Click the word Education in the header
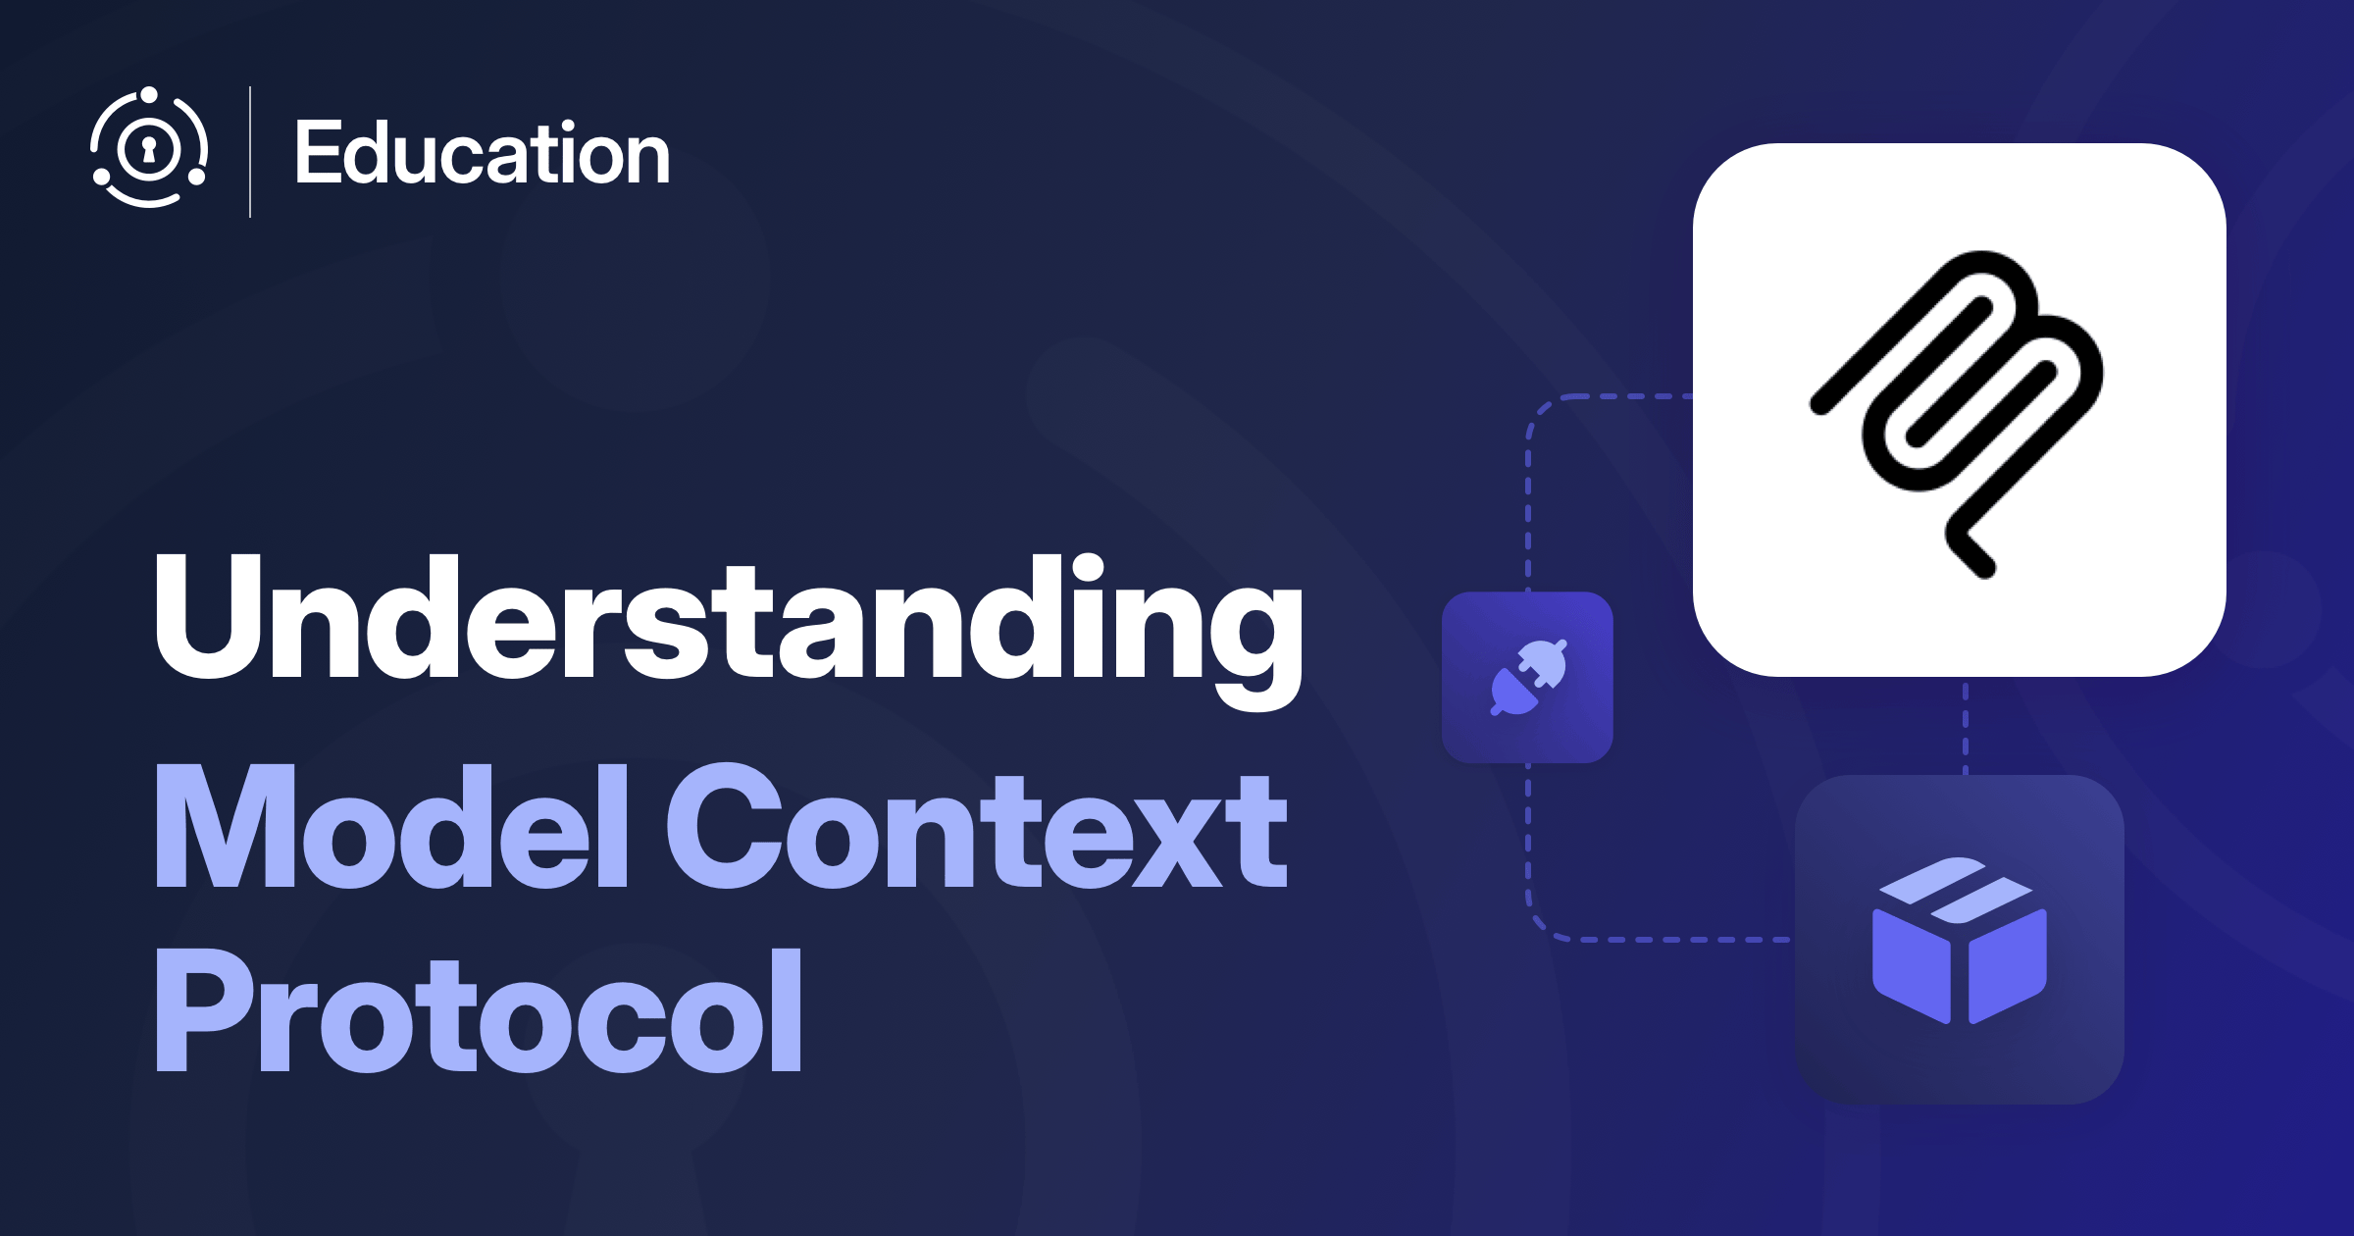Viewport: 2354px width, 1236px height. click(483, 153)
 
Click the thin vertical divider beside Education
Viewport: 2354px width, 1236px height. click(250, 152)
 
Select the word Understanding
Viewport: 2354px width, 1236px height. click(729, 629)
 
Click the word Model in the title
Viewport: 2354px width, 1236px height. click(391, 827)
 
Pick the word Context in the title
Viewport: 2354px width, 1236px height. click(977, 827)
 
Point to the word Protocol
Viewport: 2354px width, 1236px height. click(479, 1009)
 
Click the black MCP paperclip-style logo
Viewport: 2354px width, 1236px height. click(1957, 414)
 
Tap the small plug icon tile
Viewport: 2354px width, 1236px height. click(1527, 677)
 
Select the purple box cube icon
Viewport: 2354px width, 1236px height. click(1960, 940)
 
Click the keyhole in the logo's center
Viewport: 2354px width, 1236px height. click(149, 149)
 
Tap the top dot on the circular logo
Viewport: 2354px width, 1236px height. click(148, 95)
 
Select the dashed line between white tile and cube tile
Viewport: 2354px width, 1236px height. click(1965, 726)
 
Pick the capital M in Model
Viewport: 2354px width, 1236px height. click(226, 827)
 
